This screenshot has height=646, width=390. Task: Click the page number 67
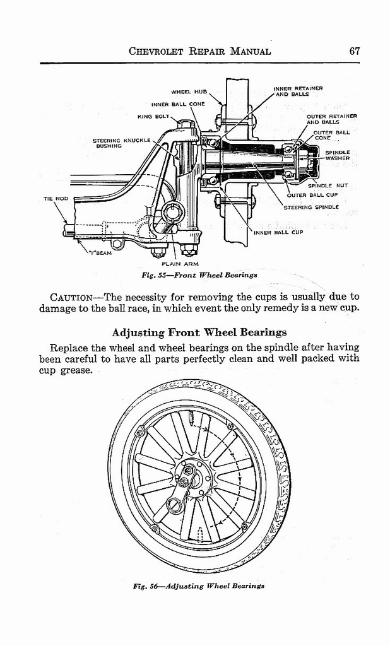(354, 51)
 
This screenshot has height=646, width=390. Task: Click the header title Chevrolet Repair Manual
(199, 51)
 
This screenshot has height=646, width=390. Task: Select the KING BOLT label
(152, 116)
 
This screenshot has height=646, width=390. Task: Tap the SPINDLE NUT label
(328, 185)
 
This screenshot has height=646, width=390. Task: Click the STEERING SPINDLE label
(311, 207)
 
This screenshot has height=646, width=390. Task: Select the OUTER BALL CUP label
(313, 195)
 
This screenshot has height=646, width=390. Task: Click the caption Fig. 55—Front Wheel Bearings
(199, 275)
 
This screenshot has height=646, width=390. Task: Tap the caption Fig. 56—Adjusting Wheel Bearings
(199, 585)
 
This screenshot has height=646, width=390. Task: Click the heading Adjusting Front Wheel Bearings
(199, 332)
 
